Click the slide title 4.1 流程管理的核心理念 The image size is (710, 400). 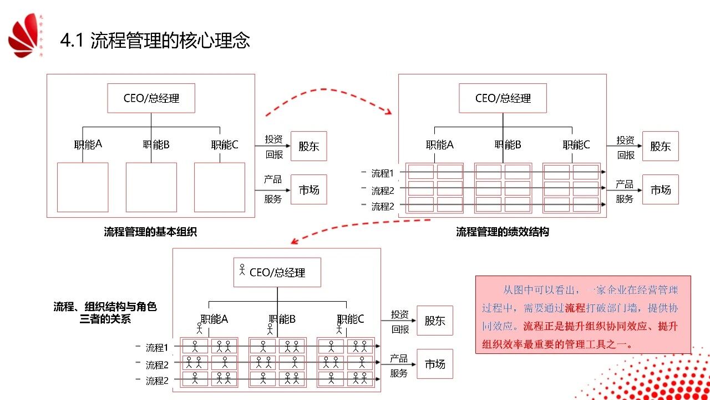[155, 41]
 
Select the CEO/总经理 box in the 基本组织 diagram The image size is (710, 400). [151, 98]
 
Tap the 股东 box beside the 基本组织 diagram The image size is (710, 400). [309, 146]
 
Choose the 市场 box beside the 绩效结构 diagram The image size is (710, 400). [660, 189]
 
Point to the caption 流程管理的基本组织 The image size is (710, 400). [150, 232]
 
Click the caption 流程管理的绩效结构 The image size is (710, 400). [503, 232]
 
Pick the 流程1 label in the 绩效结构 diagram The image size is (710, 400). [382, 173]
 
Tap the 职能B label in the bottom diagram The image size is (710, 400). [282, 319]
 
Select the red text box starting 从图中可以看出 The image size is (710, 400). [583, 314]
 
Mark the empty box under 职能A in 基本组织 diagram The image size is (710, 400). [83, 187]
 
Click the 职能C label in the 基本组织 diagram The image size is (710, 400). [225, 145]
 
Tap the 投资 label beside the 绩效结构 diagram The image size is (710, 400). [625, 140]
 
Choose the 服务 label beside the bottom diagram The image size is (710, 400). [399, 373]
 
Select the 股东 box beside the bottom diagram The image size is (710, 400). [435, 321]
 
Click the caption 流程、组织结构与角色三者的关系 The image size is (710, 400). [105, 313]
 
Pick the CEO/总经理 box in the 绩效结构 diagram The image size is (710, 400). [503, 98]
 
